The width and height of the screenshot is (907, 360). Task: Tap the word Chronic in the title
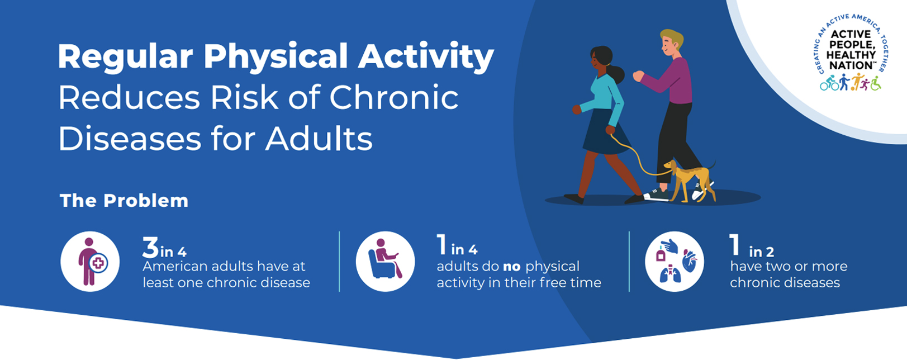click(x=394, y=97)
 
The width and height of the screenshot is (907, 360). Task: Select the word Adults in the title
click(x=319, y=139)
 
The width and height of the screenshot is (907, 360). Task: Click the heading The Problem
click(x=124, y=201)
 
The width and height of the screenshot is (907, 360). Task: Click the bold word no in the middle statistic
click(x=511, y=267)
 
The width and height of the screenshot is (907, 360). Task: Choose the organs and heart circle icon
click(x=674, y=262)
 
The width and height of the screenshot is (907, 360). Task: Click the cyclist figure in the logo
click(x=829, y=83)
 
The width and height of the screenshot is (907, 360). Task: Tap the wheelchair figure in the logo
click(x=876, y=83)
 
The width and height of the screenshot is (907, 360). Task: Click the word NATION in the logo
click(x=850, y=65)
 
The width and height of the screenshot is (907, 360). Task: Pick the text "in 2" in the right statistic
click(x=761, y=252)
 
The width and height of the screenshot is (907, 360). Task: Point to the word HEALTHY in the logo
click(x=851, y=55)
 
